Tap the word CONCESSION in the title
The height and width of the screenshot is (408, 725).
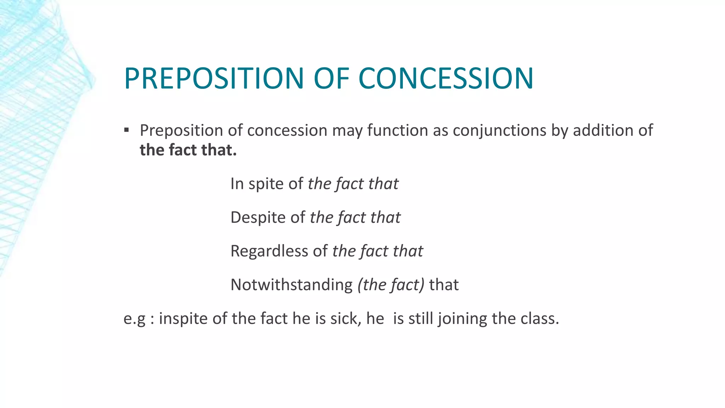point(446,78)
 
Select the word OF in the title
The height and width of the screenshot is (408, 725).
point(331,78)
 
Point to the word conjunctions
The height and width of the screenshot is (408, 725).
point(499,130)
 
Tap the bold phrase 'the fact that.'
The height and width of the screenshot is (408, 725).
point(188,150)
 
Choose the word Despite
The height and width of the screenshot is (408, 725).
point(258,217)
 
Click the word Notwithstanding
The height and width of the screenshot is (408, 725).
point(291,285)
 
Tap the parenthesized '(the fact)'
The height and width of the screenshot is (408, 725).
point(391,285)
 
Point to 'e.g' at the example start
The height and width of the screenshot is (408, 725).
point(134,318)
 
